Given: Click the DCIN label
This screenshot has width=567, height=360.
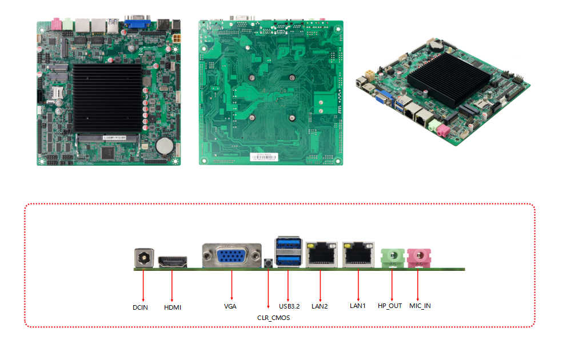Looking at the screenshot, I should (x=140, y=307).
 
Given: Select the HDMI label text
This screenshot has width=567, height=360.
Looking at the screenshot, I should (x=172, y=307).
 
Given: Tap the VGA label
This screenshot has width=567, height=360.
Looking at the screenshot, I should (x=230, y=306).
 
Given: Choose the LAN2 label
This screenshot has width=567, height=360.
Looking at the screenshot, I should (x=320, y=306).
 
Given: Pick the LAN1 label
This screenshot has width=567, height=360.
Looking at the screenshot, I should (x=357, y=306).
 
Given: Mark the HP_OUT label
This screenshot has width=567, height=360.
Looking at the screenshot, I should (x=390, y=306).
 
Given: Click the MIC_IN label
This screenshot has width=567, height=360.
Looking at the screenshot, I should (x=420, y=306).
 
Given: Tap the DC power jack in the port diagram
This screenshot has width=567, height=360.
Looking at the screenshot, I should (x=143, y=258).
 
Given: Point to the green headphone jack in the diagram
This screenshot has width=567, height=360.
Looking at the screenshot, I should (x=392, y=257).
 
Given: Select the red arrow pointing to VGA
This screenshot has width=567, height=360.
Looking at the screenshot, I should (x=231, y=283).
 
